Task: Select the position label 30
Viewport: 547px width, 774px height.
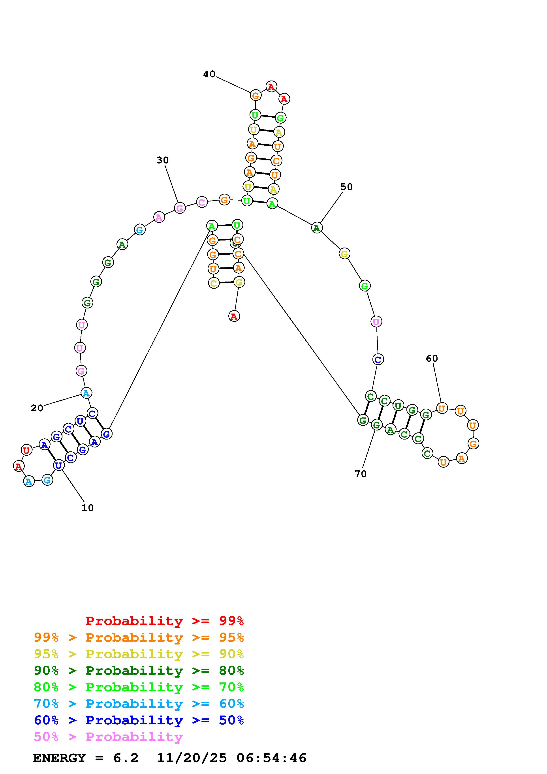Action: (x=162, y=160)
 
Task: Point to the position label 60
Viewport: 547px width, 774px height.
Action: (x=432, y=358)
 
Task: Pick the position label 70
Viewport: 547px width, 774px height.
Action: (x=360, y=474)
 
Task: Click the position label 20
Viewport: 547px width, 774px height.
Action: (x=37, y=408)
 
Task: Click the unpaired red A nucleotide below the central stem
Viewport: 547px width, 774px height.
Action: (x=234, y=316)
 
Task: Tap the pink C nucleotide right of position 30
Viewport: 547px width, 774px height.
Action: (x=201, y=202)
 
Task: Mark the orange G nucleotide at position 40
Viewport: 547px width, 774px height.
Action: (x=256, y=95)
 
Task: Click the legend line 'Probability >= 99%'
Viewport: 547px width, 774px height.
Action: (x=165, y=621)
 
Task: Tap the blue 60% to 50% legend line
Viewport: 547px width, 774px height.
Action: (x=139, y=720)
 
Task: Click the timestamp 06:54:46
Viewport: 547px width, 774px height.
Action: (x=271, y=758)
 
